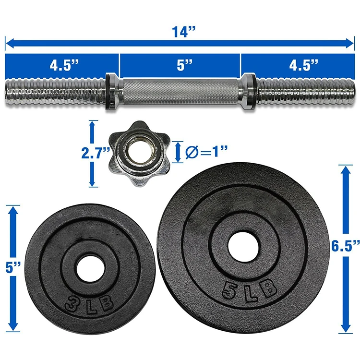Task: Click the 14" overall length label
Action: click(x=183, y=32)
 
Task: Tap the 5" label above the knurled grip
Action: click(x=185, y=65)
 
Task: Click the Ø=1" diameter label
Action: click(x=206, y=152)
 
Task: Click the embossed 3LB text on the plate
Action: click(x=90, y=304)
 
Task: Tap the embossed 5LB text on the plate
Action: click(x=249, y=289)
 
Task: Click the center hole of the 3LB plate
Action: click(x=90, y=268)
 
